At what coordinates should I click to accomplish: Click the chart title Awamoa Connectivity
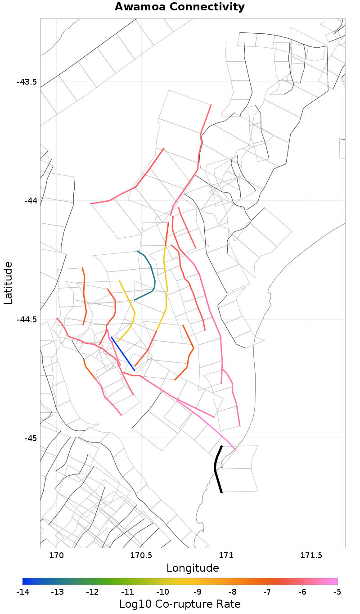180,7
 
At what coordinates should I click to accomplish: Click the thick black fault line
216,468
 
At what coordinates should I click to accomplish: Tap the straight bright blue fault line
123,354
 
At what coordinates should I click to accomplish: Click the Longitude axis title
193,568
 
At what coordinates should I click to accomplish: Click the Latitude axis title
8,283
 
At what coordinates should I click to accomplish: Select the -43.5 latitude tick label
27,82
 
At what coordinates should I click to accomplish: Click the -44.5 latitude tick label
27,319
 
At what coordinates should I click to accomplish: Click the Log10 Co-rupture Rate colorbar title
180,604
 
